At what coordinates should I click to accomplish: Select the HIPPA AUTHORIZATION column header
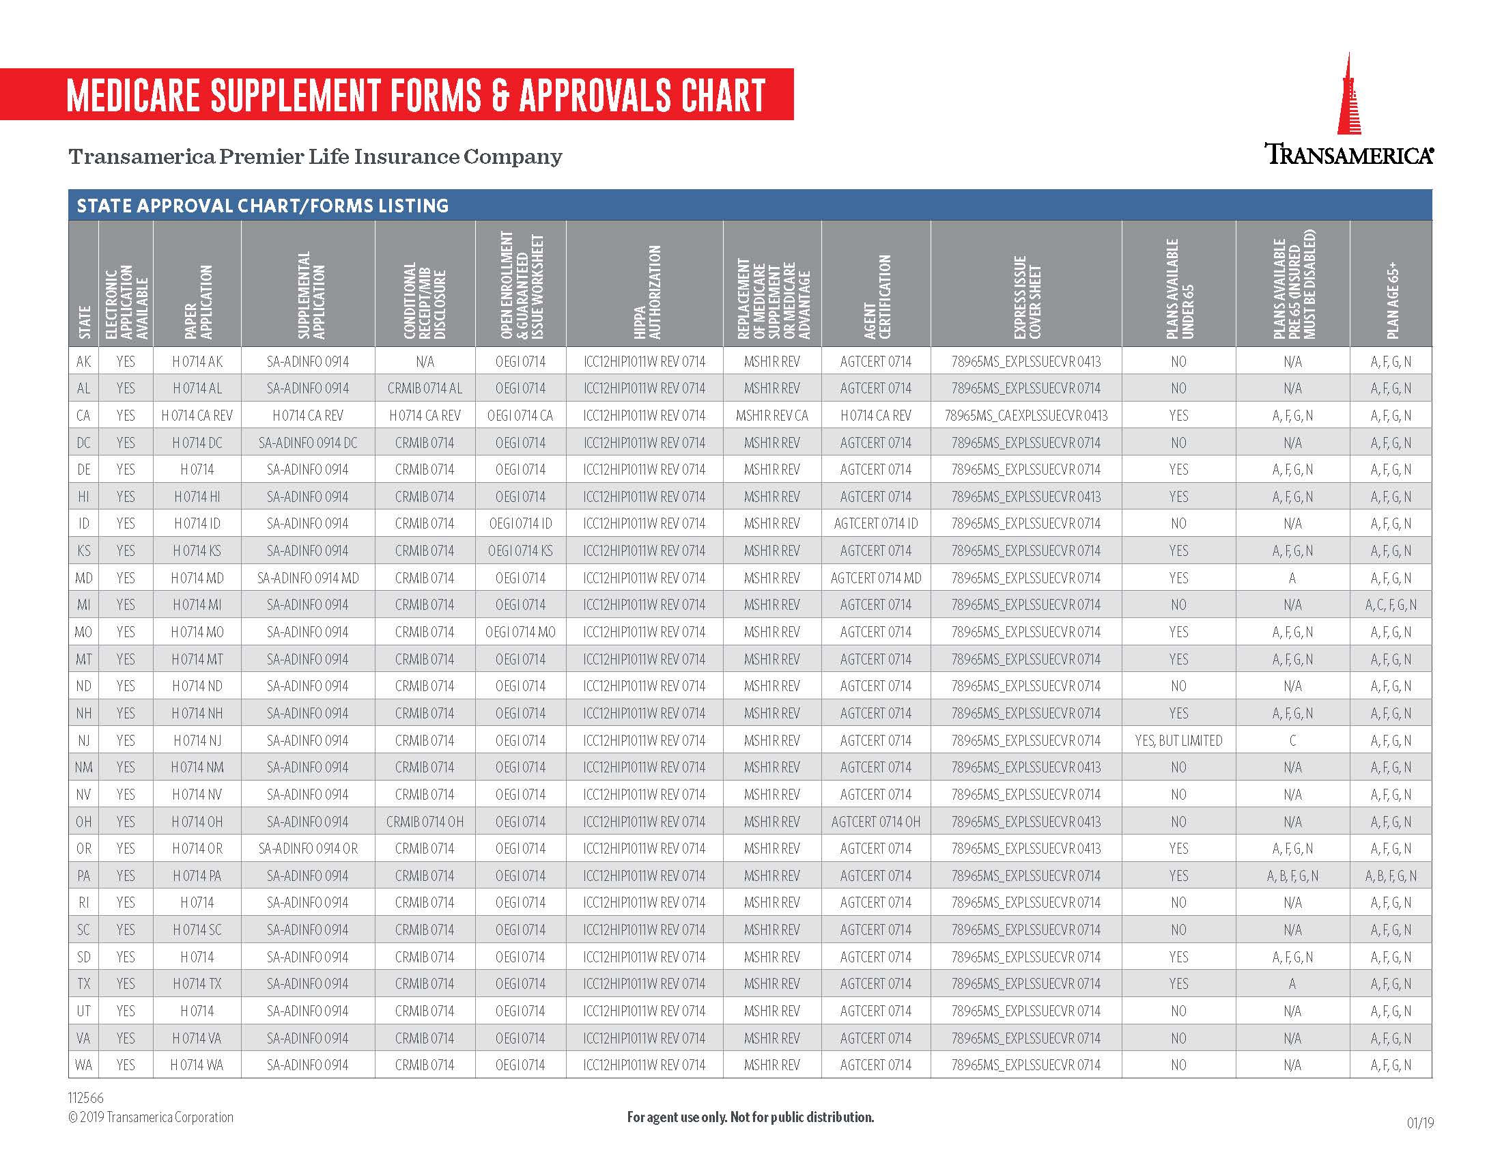click(644, 292)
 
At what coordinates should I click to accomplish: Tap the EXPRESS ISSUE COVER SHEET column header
click(1027, 296)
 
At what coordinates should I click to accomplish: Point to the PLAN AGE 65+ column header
click(1391, 300)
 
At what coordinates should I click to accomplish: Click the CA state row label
click(83, 415)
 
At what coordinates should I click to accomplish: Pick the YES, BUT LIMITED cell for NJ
click(1178, 741)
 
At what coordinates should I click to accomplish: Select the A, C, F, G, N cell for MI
click(1391, 605)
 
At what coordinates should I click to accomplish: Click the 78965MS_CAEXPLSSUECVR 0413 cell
click(1026, 415)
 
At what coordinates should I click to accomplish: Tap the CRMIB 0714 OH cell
click(425, 822)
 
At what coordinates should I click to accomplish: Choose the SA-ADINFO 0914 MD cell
click(307, 578)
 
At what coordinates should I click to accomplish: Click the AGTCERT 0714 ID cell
click(875, 524)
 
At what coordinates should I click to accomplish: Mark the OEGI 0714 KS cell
click(520, 551)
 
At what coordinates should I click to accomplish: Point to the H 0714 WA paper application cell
click(197, 1065)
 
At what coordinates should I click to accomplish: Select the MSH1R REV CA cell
click(771, 415)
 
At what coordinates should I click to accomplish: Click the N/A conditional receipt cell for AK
click(425, 362)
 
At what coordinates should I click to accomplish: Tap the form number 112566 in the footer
click(86, 1097)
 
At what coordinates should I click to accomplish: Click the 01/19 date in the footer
click(1420, 1123)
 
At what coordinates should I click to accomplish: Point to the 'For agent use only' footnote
click(750, 1117)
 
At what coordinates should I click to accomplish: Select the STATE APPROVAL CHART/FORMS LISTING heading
click(263, 206)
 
